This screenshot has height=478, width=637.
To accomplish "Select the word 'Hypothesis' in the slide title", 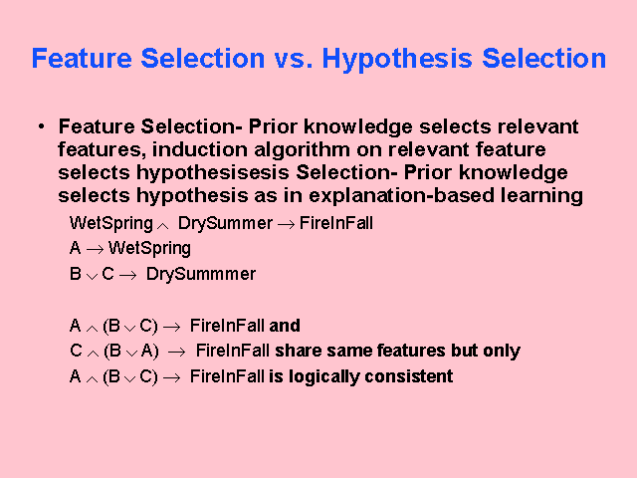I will click(x=395, y=58).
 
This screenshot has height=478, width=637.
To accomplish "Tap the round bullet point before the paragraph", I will click(x=41, y=127).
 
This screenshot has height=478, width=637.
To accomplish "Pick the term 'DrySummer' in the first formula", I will click(x=224, y=223).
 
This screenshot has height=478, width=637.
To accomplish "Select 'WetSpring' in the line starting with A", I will click(x=149, y=248).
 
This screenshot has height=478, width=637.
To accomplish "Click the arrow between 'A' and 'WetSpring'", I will click(x=96, y=249).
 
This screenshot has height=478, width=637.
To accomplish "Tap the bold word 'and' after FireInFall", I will click(x=285, y=326).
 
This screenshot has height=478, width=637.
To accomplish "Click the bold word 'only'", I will click(x=503, y=351).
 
